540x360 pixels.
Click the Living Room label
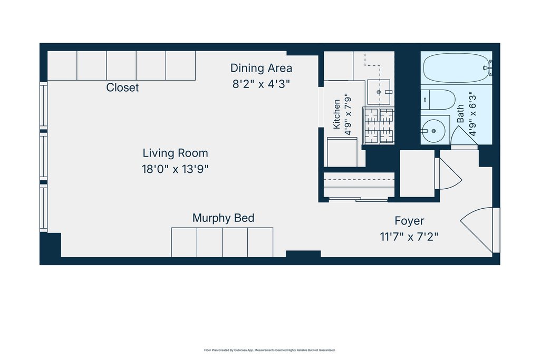[175, 153]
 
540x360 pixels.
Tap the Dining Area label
[261, 68]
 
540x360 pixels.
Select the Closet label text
[122, 87]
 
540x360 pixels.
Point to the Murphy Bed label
[223, 218]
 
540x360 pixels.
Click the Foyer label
[409, 221]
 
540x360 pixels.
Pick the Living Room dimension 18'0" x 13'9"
[175, 169]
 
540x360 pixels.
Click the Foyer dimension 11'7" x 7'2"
[409, 237]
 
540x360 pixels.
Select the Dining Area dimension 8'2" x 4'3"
[261, 84]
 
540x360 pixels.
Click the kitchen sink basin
[379, 92]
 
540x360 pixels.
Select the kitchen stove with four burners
[379, 125]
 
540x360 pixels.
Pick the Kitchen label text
[336, 114]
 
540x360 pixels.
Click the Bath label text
[460, 114]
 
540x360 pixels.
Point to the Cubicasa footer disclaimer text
[269, 350]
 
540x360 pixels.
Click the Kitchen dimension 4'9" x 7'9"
[348, 114]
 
